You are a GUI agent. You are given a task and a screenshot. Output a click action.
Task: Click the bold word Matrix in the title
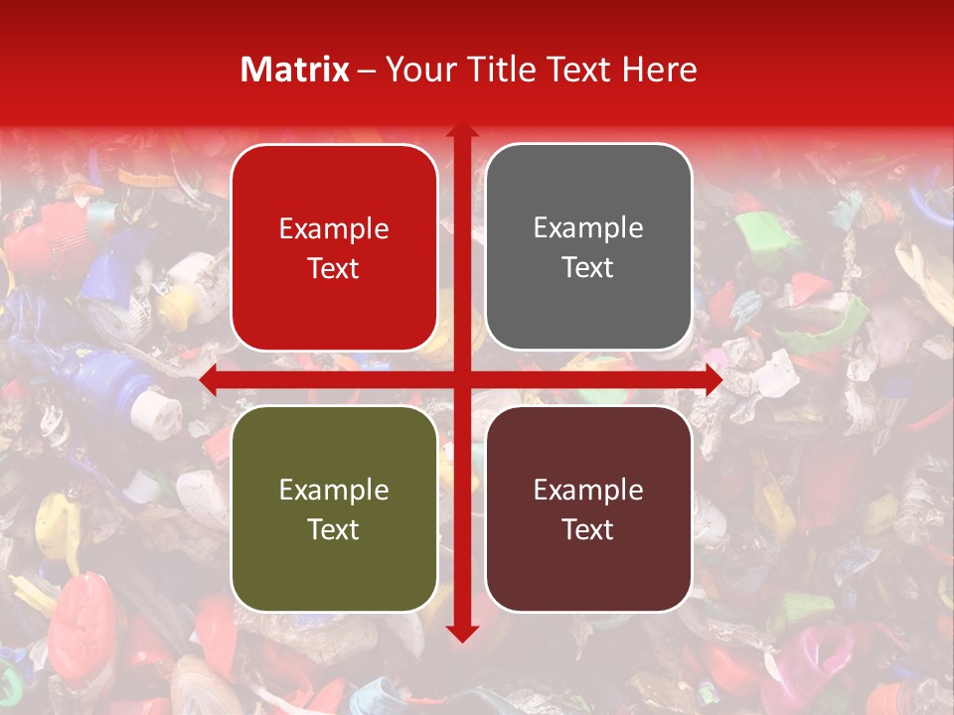[295, 70]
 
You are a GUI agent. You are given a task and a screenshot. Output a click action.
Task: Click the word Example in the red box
[334, 229]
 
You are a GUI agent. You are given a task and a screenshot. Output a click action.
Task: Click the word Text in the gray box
[588, 268]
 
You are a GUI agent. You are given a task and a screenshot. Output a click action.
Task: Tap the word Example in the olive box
[334, 490]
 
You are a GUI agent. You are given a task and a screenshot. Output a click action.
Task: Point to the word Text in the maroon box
[588, 529]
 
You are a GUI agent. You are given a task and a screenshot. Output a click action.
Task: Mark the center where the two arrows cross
[461, 380]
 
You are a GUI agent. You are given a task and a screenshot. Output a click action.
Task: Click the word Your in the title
[414, 70]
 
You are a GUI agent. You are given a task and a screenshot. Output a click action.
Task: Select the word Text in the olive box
[334, 529]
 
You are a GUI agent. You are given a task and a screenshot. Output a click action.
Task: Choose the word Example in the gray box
[588, 228]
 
